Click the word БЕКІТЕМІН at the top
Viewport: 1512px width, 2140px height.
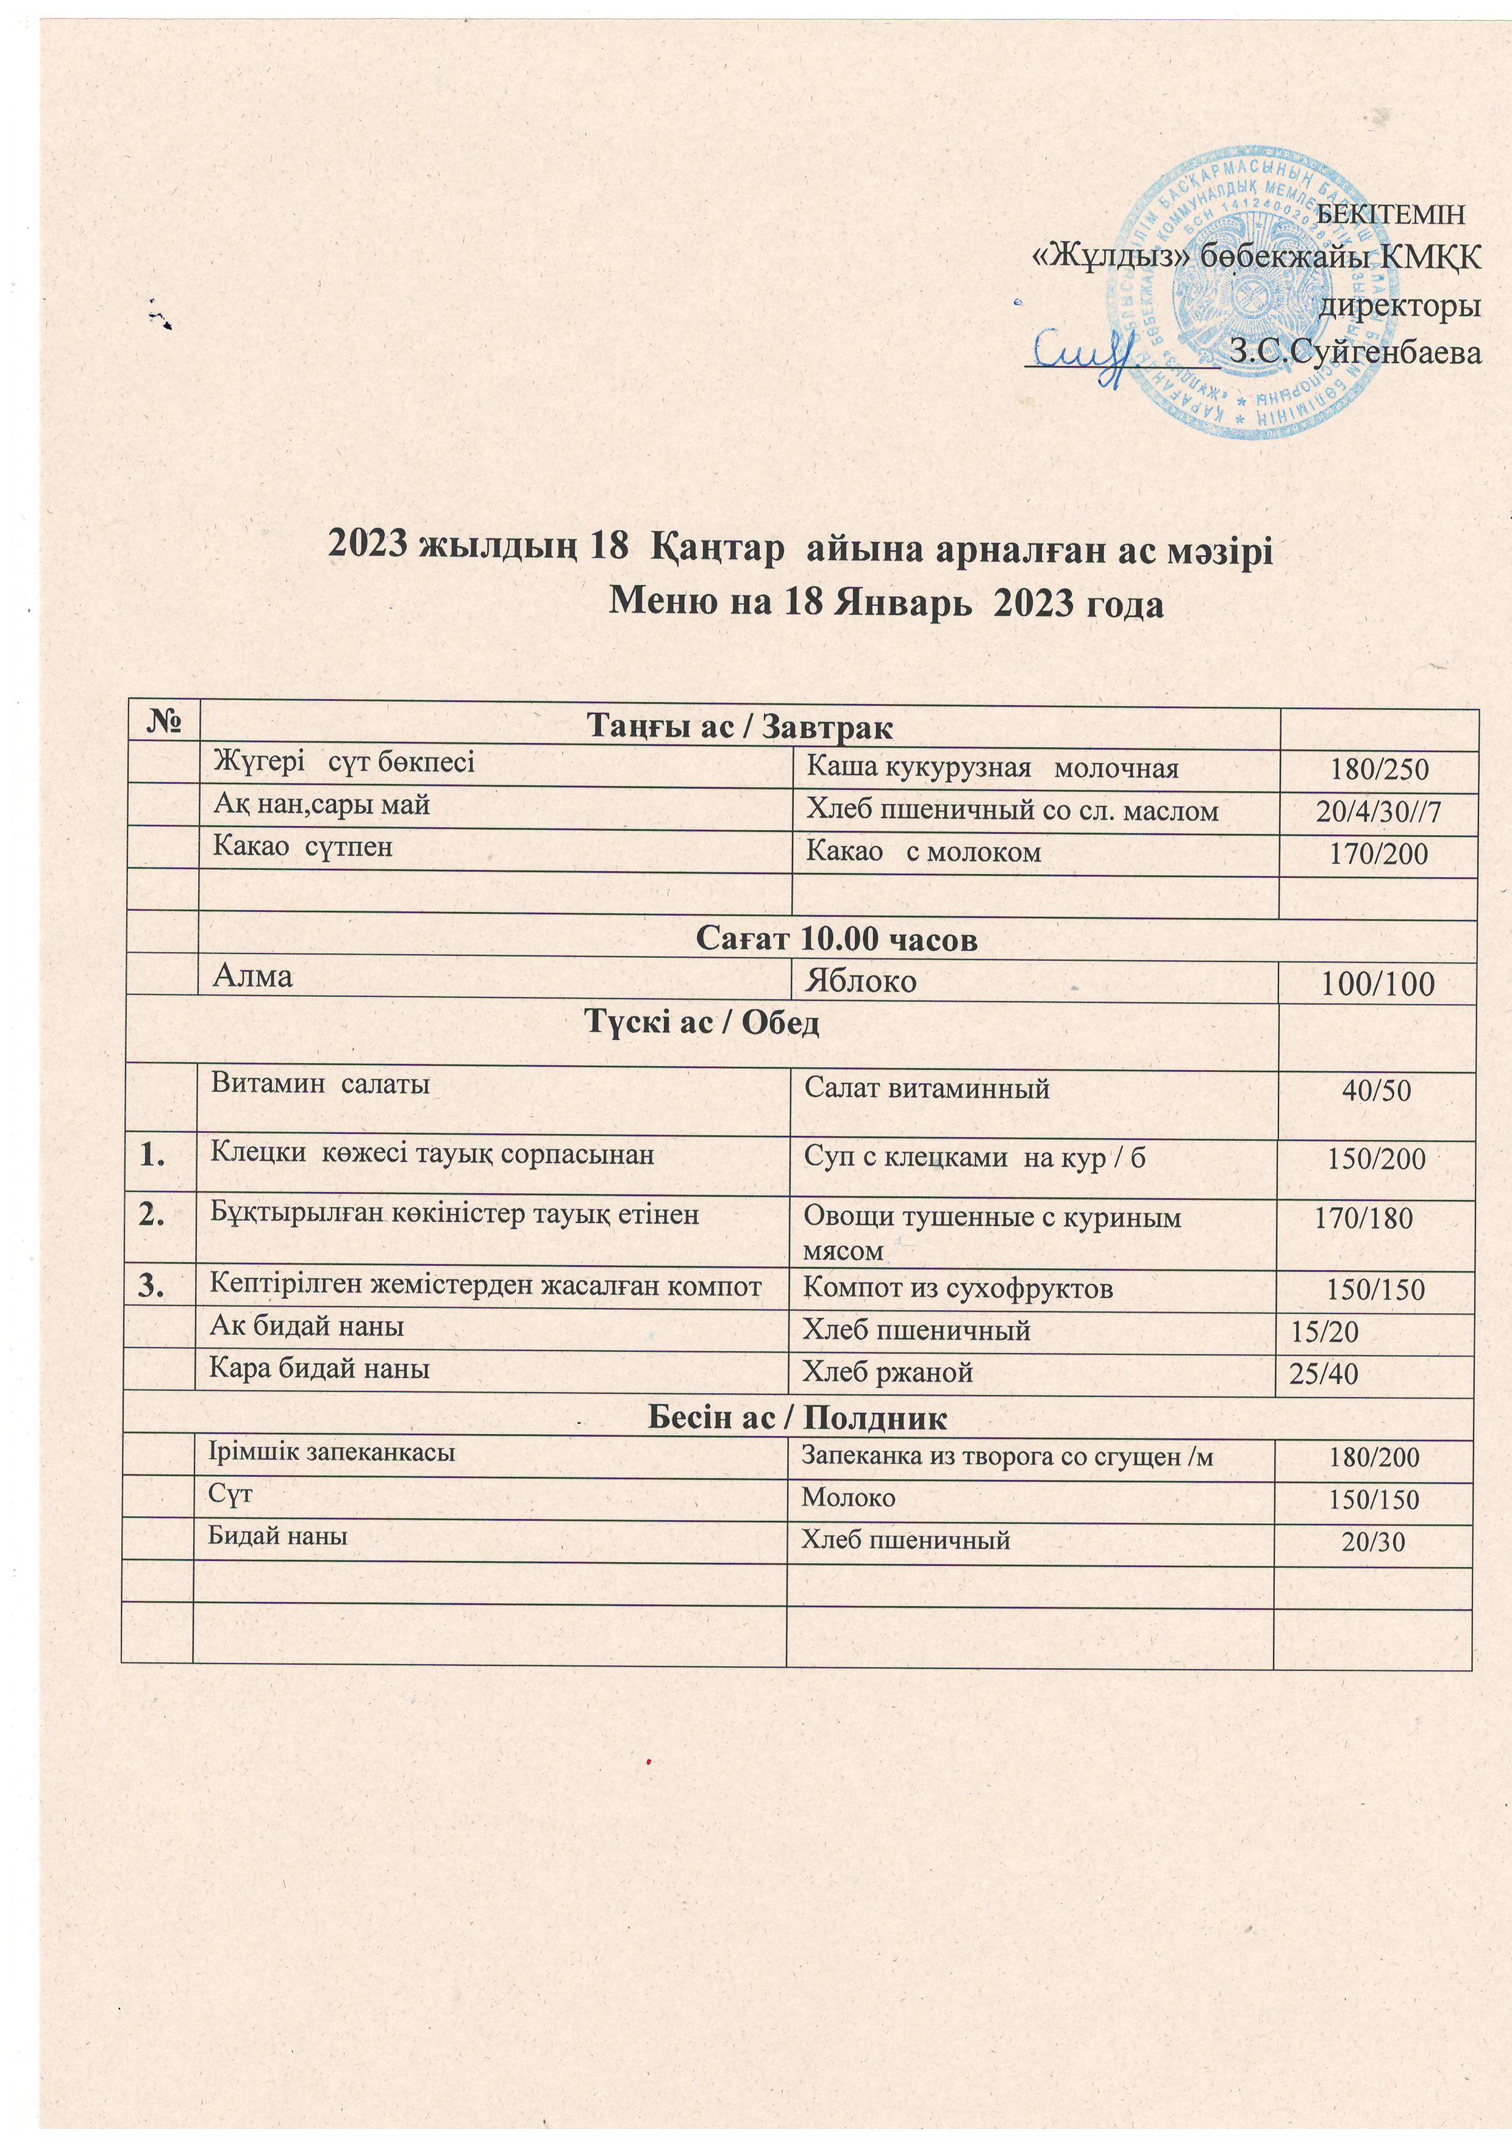tap(1394, 214)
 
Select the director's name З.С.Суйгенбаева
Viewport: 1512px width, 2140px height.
tap(1355, 353)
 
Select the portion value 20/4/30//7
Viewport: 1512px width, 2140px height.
tap(1378, 811)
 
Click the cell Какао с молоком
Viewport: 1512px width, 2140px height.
tap(922, 852)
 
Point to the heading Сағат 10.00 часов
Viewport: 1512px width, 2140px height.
tap(836, 939)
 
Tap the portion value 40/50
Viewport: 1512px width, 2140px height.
tap(1376, 1091)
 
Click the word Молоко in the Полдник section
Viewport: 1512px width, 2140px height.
tap(849, 1498)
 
